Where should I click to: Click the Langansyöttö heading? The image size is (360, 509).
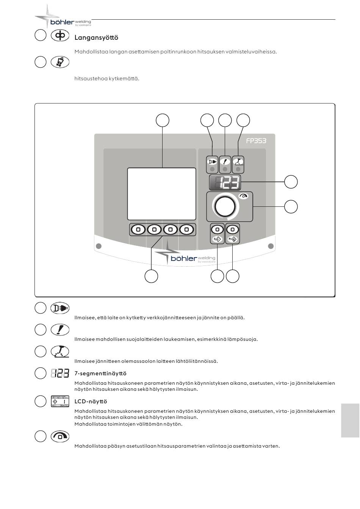tap(96, 37)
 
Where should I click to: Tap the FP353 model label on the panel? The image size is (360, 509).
tap(256, 141)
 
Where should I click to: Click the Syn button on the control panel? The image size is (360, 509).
tap(217, 234)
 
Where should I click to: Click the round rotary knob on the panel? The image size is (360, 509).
tap(225, 206)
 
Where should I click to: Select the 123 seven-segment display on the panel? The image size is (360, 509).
tap(225, 183)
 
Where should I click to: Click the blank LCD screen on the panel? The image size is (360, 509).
tap(161, 194)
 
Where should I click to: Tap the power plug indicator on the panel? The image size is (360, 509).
tap(212, 165)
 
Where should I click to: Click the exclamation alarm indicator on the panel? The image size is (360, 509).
tap(225, 165)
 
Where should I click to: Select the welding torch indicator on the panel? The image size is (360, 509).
tap(238, 165)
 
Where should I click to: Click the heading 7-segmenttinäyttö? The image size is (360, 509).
tap(100, 373)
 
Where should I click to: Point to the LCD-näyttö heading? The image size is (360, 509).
tap(91, 401)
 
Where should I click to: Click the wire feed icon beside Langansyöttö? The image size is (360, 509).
tap(60, 36)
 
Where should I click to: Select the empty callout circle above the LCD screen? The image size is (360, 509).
tap(162, 120)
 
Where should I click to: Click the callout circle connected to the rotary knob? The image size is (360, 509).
tap(291, 206)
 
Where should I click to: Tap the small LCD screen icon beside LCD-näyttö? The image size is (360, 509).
tap(60, 401)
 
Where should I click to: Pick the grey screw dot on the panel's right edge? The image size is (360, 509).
tap(271, 246)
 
